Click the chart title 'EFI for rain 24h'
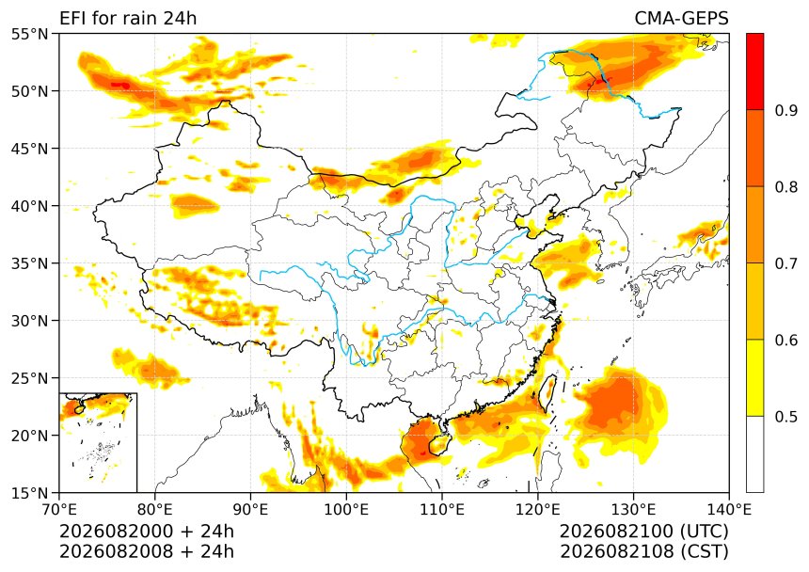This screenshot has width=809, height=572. [x=128, y=19]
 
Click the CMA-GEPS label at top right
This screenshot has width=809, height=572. [x=681, y=19]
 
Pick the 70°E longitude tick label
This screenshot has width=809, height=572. [x=59, y=510]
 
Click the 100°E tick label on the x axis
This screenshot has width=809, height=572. [x=346, y=510]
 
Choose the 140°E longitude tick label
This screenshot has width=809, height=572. [x=728, y=510]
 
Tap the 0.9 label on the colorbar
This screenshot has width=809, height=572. [x=786, y=110]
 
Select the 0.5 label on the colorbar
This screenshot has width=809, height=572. [x=786, y=416]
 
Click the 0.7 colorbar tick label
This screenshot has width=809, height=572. [x=786, y=263]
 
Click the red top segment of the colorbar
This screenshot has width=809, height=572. [x=754, y=71]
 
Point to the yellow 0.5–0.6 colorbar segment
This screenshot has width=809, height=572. [x=754, y=377]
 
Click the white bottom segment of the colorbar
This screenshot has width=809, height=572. [x=754, y=453]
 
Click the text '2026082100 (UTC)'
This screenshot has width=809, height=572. [x=643, y=531]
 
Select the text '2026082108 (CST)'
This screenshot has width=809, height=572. [x=643, y=551]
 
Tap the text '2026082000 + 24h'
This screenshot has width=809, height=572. [x=147, y=531]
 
